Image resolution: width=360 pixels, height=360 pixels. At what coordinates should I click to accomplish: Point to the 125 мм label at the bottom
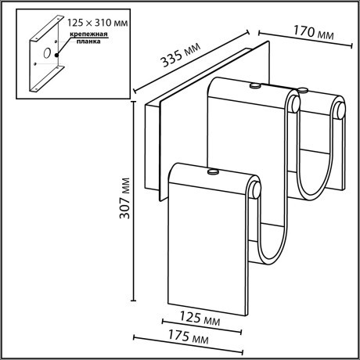tap(200, 319)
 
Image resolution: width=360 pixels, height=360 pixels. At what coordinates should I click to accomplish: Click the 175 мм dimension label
tap(189, 340)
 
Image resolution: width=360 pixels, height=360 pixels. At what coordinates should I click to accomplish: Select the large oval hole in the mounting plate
tap(48, 53)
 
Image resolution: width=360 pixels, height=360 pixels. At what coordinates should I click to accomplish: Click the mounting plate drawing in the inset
tap(47, 59)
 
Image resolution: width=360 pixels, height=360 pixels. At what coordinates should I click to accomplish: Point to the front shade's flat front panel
tap(207, 250)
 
